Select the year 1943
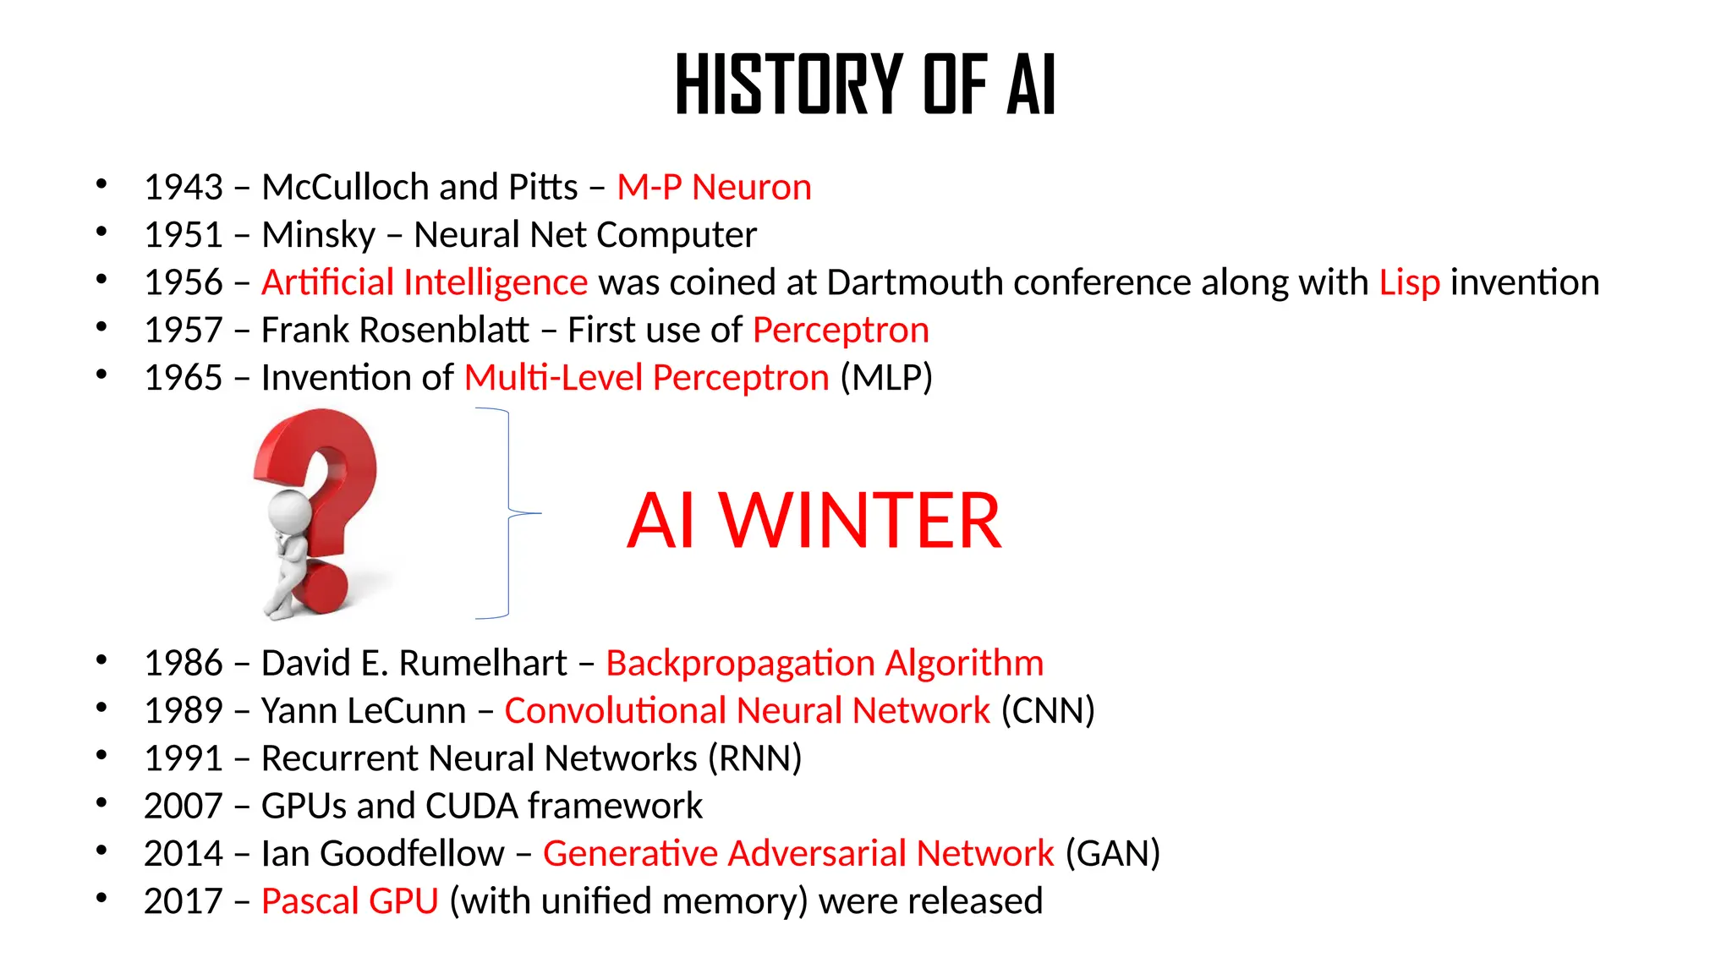pyautogui.click(x=183, y=188)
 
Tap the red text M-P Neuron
pyautogui.click(x=714, y=188)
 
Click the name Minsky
pyautogui.click(x=318, y=235)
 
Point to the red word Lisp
pyautogui.click(x=1409, y=282)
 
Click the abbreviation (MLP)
pyautogui.click(x=886, y=378)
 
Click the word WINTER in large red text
pyautogui.click(x=860, y=521)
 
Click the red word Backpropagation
pyautogui.click(x=740, y=664)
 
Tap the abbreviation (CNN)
pyautogui.click(x=1048, y=711)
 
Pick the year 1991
pyautogui.click(x=183, y=758)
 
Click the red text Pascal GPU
pyautogui.click(x=349, y=901)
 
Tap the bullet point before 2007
pyautogui.click(x=101, y=802)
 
